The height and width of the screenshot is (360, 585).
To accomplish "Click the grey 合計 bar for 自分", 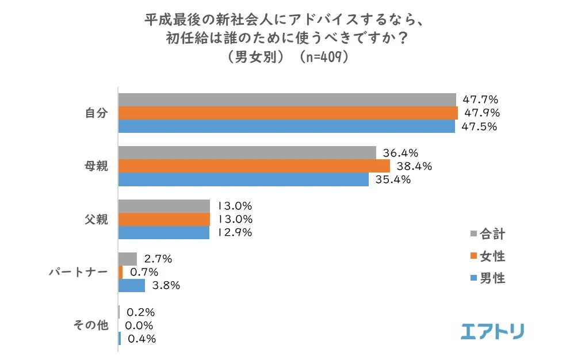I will [x=286, y=99].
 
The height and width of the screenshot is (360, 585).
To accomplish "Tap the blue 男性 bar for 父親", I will [x=164, y=233].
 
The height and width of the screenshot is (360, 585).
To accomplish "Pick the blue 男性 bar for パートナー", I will [x=132, y=285].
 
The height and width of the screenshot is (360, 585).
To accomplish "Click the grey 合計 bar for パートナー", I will [x=128, y=259].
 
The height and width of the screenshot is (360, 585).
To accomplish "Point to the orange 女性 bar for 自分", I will [x=288, y=113].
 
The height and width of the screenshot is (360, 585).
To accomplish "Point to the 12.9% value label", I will [x=234, y=233].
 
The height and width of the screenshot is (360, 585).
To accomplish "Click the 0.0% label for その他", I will [x=140, y=325].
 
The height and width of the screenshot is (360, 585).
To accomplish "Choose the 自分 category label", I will [x=96, y=113].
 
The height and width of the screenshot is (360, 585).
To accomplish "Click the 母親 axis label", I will [x=96, y=166].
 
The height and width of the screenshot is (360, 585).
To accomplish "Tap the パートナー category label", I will [x=78, y=272].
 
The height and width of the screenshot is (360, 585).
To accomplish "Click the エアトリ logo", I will [x=492, y=331].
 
